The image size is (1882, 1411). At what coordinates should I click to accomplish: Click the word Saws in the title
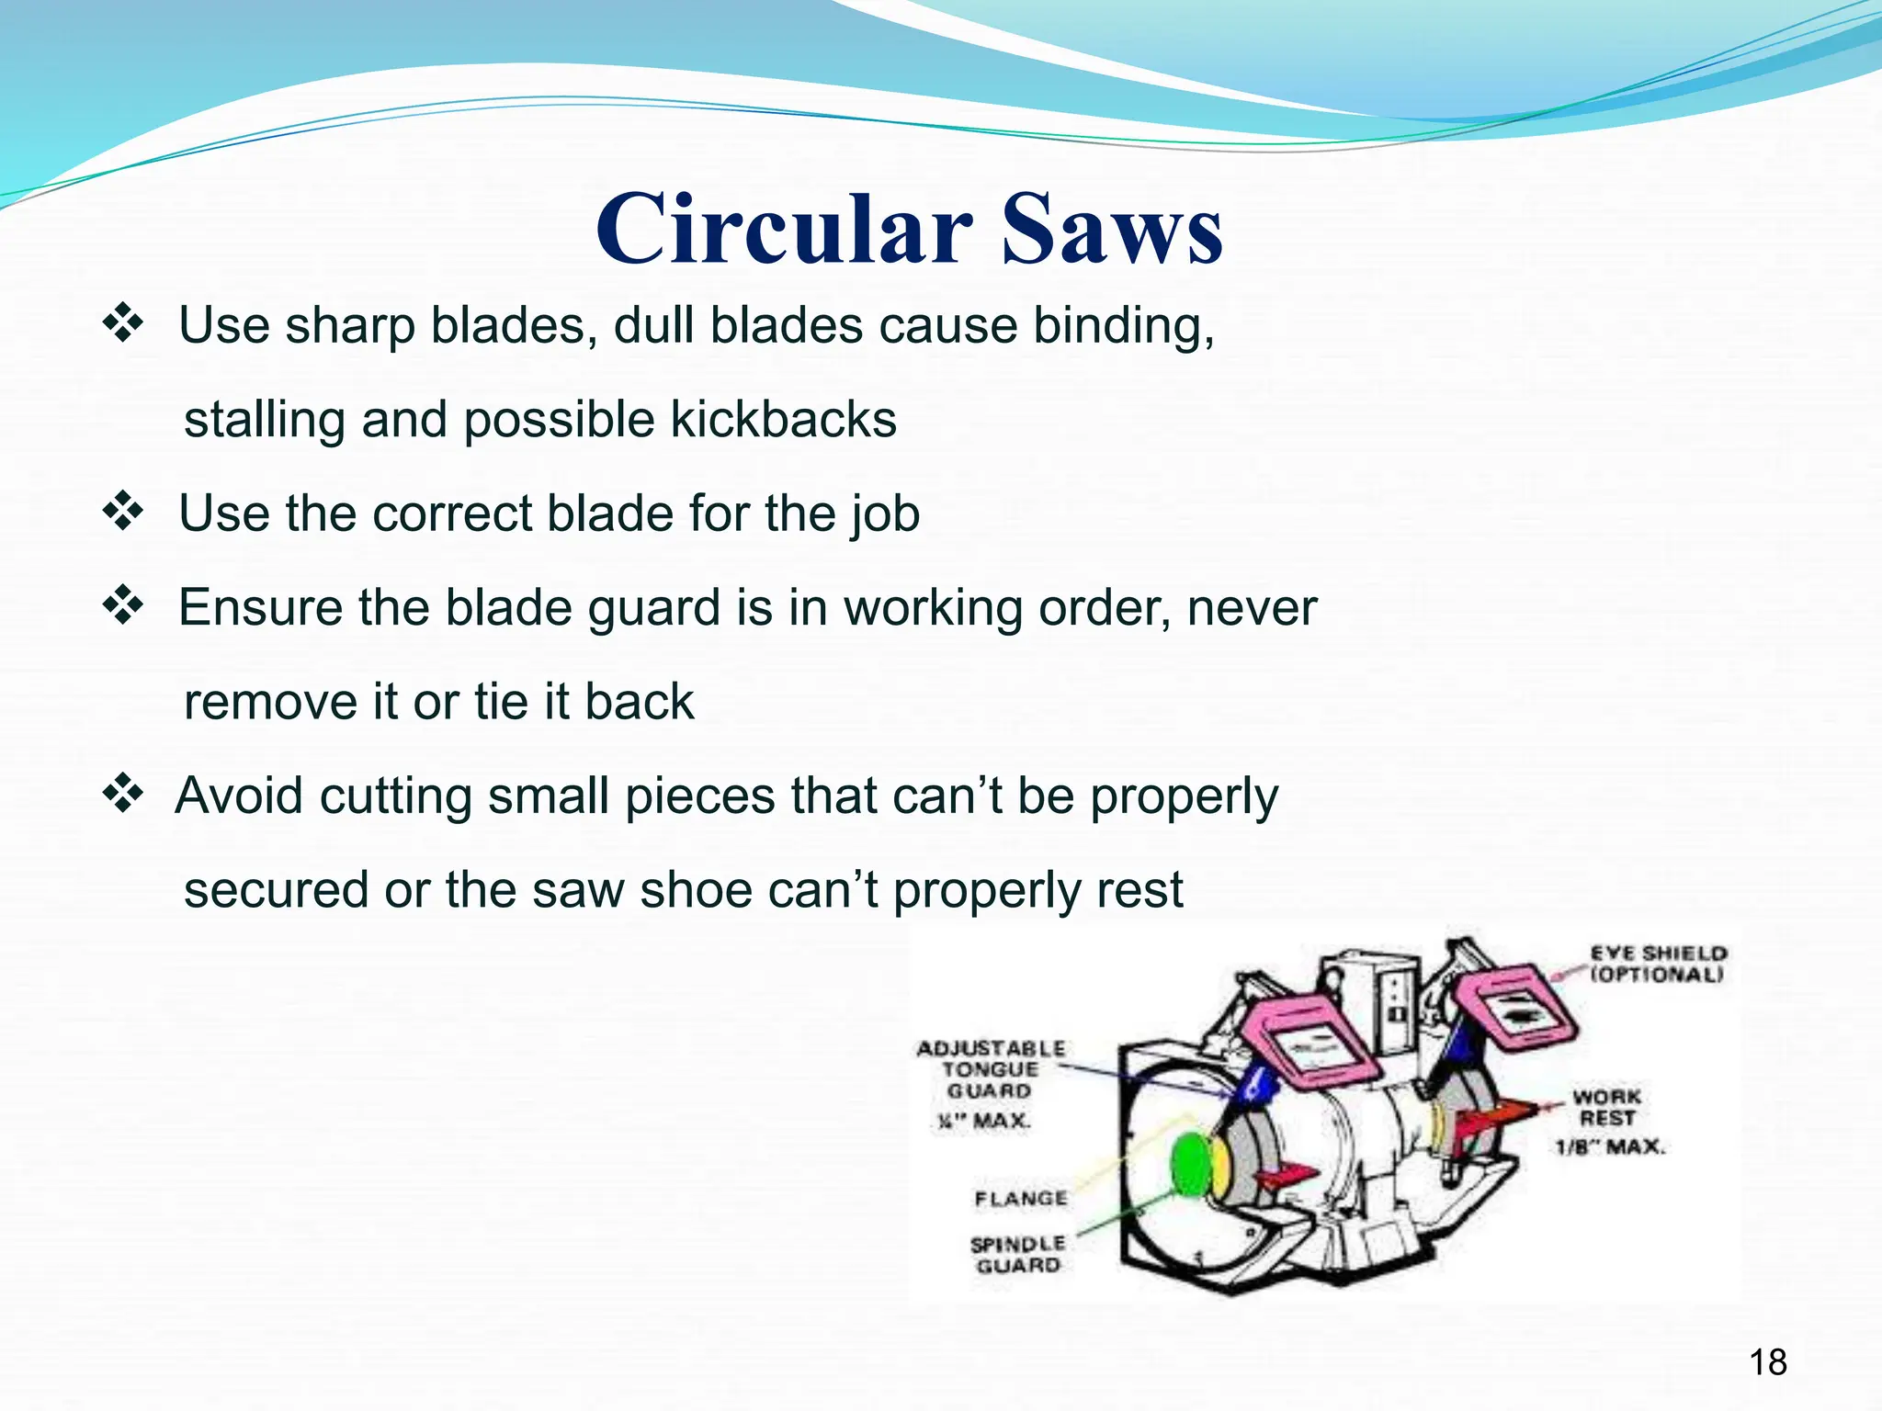click(1112, 229)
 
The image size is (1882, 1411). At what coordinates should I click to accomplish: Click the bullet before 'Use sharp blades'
click(123, 325)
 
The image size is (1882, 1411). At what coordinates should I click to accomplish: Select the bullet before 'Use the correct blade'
click(123, 513)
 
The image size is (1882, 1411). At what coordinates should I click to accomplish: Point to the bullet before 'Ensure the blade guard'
click(123, 607)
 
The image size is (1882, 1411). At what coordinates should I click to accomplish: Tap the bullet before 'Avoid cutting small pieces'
click(123, 795)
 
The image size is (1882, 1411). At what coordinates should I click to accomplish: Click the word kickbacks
click(783, 420)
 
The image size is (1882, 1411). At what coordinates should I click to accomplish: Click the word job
click(884, 514)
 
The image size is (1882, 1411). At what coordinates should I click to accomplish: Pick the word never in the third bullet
click(1252, 608)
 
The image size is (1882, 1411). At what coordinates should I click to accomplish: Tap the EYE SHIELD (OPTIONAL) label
click(1658, 964)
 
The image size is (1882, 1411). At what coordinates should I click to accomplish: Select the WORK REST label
click(1606, 1107)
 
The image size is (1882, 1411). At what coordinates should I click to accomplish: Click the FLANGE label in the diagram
click(1021, 1199)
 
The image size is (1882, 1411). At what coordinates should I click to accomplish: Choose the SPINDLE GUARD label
click(1017, 1255)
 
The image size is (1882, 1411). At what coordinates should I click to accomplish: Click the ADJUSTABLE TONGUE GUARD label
click(991, 1069)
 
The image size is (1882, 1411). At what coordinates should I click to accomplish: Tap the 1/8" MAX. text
click(1609, 1146)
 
